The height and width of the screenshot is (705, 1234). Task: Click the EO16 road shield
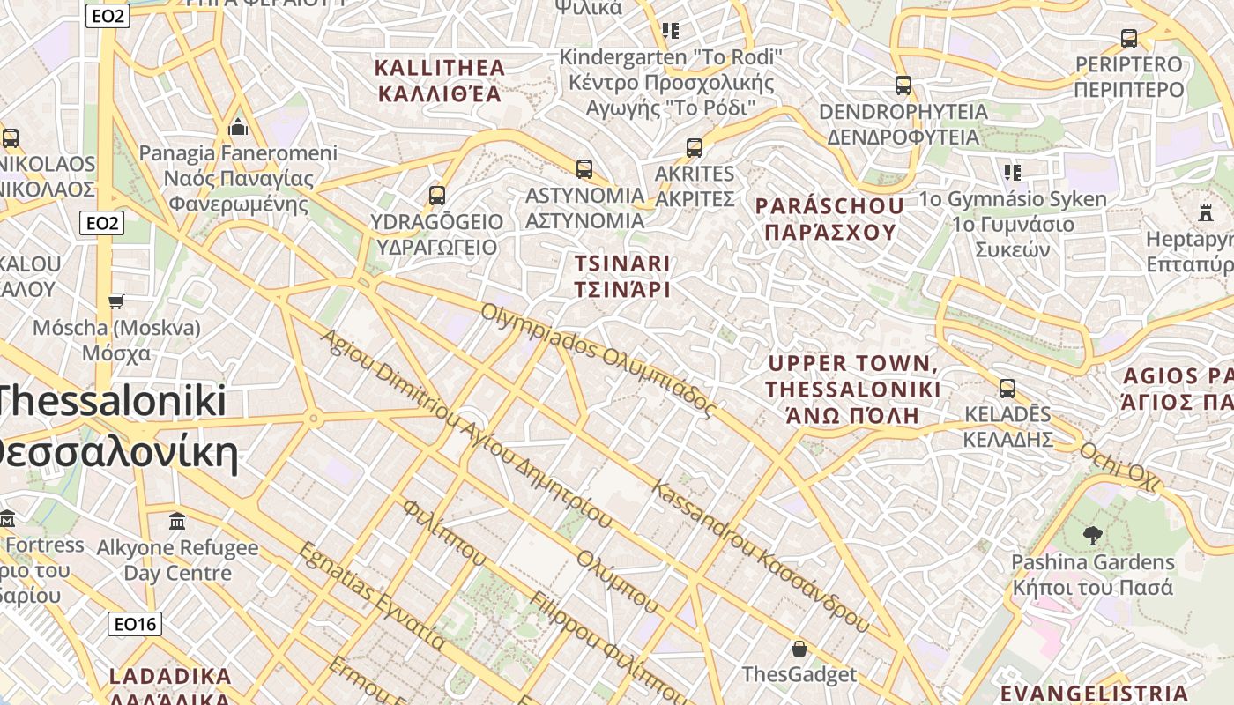coord(135,624)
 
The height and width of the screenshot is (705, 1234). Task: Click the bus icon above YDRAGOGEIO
coord(437,196)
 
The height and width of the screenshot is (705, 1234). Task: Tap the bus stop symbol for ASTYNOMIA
coord(584,169)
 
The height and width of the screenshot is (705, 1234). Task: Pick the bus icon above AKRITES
coord(695,147)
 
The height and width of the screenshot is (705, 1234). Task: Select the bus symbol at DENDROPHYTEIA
coord(903,85)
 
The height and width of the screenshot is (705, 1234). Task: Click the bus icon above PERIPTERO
coord(1128,39)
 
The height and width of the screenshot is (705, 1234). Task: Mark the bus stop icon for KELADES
coord(1007,388)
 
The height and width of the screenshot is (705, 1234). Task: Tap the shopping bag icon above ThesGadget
coord(799,649)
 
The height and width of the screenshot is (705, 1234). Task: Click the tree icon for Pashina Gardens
coord(1092,535)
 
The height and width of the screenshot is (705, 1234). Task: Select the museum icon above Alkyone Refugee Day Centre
coord(177,521)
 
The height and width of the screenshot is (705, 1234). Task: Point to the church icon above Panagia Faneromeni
coord(237,128)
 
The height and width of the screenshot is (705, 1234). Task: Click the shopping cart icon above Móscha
coord(115,302)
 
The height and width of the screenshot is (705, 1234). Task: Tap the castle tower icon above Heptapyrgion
coord(1206,212)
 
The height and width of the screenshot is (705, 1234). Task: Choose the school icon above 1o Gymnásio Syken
coord(1012,172)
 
